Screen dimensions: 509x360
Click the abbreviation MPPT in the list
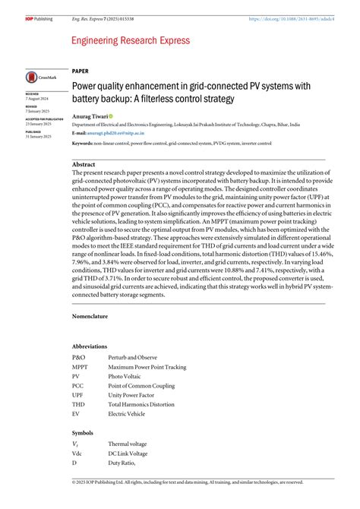80,367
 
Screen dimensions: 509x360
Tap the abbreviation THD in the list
77,405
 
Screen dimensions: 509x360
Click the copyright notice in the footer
188,482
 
